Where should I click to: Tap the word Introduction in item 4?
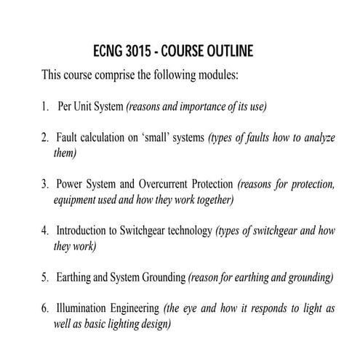(x=83, y=231)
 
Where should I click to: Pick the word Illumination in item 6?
(x=83, y=309)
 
